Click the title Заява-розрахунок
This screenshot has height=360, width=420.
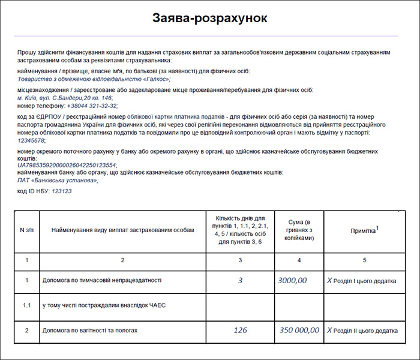point(209,17)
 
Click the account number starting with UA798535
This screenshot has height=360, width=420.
point(67,165)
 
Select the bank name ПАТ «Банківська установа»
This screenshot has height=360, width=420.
point(57,180)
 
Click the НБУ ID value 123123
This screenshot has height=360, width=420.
point(62,191)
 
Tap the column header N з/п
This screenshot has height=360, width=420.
point(26,231)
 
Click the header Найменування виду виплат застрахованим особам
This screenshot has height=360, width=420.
point(122,231)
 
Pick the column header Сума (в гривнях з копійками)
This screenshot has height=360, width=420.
point(299,231)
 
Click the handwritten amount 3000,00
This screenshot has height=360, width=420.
point(293,280)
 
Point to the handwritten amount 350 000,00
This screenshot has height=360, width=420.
point(299,330)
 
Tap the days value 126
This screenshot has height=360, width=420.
point(240,330)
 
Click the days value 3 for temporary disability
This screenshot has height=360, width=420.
point(240,280)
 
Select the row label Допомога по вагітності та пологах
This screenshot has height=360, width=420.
point(90,331)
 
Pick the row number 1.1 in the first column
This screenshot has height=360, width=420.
point(26,305)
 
